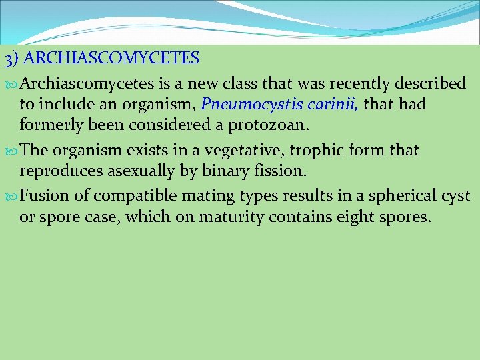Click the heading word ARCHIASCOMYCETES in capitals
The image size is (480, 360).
[115, 58]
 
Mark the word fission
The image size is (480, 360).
[283, 171]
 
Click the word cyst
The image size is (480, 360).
[456, 196]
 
